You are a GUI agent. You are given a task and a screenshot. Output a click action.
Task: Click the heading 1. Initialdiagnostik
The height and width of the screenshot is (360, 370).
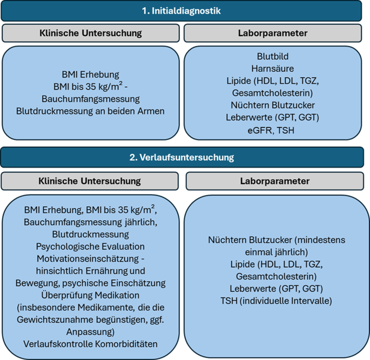185,10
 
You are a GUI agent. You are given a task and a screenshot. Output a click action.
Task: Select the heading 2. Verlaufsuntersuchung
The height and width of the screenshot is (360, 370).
185,157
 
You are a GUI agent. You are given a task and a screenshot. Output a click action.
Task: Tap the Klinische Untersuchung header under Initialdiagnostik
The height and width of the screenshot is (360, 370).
91,33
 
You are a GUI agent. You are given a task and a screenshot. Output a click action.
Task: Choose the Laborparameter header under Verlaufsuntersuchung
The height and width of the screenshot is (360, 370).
274,181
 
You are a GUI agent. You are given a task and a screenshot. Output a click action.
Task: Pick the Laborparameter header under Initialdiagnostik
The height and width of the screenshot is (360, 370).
272,33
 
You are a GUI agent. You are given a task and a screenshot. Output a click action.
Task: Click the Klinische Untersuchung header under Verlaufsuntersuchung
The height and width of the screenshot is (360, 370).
91,181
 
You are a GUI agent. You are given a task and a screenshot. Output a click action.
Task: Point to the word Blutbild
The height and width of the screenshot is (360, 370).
272,56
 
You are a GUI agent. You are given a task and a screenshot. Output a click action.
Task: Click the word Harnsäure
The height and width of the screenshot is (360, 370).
272,69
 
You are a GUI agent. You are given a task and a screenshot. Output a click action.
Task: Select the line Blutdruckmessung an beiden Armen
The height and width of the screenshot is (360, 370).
91,111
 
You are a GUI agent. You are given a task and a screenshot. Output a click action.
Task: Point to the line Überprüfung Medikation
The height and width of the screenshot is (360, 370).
91,295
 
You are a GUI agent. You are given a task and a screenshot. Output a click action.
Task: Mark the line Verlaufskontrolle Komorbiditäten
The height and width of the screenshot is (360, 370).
91,343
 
